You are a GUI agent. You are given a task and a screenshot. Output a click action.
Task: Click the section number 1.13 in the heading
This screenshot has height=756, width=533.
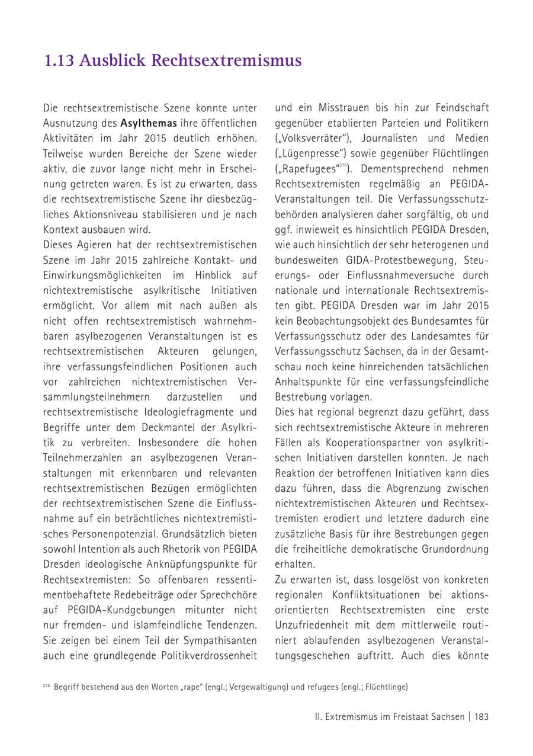point(59,60)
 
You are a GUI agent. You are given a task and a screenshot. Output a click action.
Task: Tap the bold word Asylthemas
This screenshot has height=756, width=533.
point(149,123)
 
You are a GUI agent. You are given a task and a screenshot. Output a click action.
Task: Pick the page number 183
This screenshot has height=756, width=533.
point(481,716)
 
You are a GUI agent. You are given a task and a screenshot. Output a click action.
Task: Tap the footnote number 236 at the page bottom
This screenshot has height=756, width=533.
point(46,686)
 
